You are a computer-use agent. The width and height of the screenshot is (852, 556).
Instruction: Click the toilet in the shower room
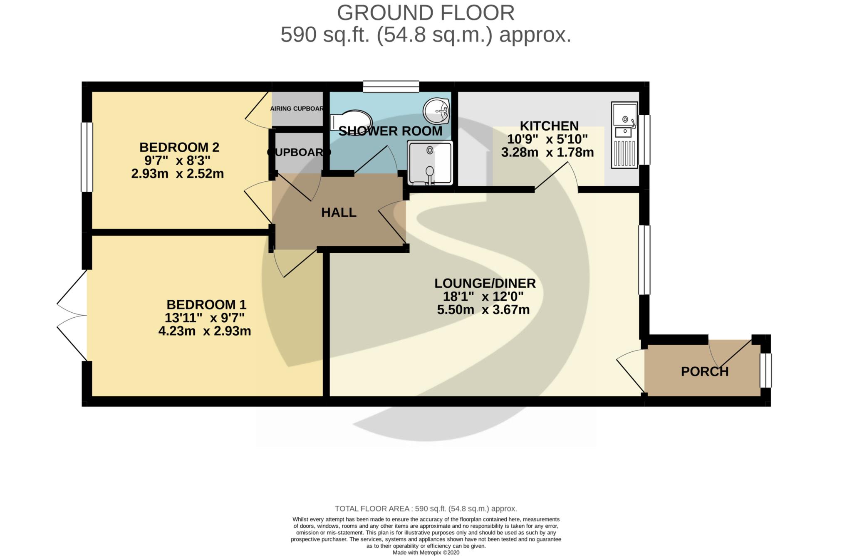point(346,120)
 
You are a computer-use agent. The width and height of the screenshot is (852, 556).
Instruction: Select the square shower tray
point(430,163)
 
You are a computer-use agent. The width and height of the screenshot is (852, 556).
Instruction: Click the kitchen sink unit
point(624,136)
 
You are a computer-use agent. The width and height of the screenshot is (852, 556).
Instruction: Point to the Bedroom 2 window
point(87,157)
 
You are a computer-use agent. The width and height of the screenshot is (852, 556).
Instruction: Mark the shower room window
point(391,86)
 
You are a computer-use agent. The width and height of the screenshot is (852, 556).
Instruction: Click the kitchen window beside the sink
point(644,140)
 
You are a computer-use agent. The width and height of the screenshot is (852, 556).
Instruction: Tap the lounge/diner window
point(644,260)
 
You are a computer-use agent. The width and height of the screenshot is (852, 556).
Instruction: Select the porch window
point(765,370)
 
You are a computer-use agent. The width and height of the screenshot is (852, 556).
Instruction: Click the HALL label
point(339,213)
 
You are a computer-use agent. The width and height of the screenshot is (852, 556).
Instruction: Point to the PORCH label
point(705,371)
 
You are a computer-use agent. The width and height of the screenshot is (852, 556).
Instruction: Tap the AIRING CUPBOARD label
point(297,109)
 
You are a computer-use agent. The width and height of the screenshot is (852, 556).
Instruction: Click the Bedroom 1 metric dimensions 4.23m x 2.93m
point(205,331)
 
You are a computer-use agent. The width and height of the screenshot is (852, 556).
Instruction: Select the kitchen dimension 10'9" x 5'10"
point(547,139)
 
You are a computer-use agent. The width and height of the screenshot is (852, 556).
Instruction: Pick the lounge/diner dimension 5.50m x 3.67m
point(483,310)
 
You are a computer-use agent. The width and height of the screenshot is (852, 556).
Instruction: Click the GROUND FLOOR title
point(426,12)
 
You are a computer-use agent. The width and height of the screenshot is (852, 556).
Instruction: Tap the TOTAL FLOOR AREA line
point(426,509)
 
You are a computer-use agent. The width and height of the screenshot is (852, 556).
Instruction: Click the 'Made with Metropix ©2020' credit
point(426,553)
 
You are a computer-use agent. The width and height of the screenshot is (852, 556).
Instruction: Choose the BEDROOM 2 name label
point(179,147)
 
